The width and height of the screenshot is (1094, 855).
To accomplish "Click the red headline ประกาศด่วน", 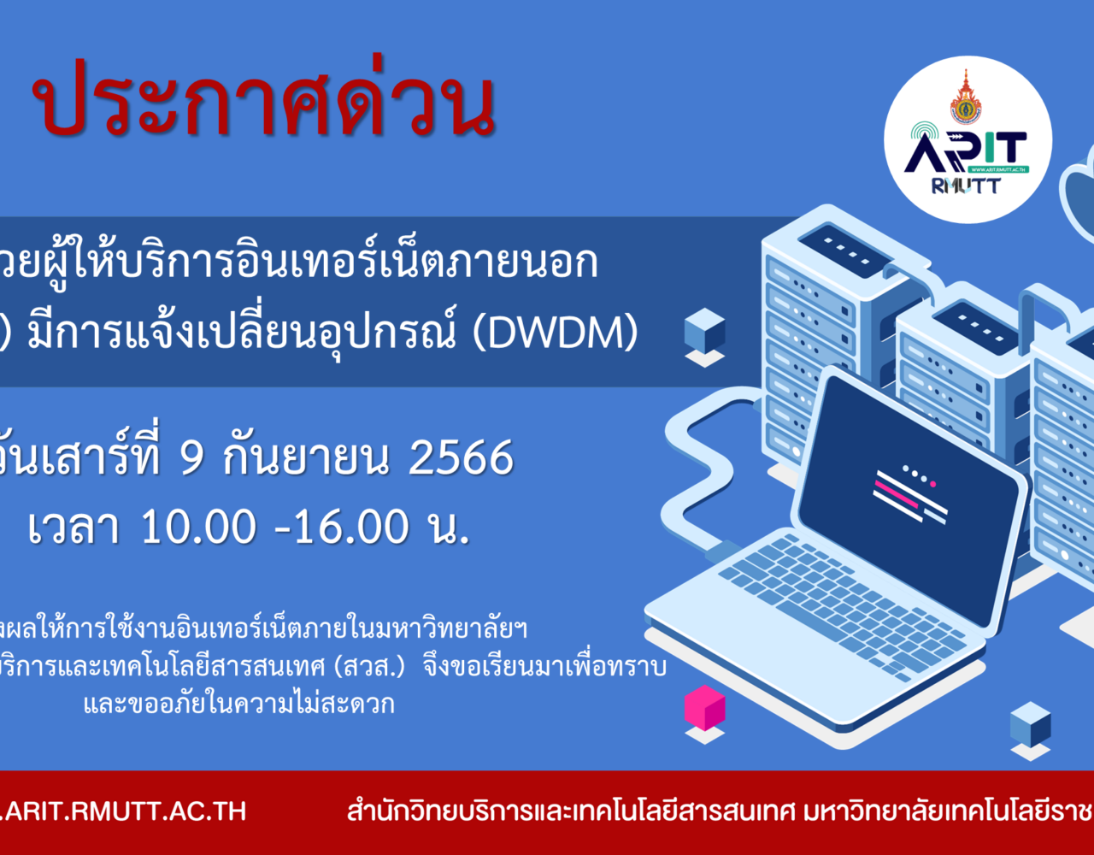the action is [264, 98].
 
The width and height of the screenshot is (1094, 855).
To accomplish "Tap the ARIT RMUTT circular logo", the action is [968, 139].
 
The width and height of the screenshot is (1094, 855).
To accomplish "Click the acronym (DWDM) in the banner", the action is [556, 333].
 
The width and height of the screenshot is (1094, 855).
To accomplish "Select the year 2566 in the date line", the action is [461, 457].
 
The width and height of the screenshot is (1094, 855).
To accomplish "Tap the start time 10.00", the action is [198, 527].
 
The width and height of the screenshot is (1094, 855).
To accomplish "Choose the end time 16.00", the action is [351, 527].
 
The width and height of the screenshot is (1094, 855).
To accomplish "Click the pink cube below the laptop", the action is [704, 707].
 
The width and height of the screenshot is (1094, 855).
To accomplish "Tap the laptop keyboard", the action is [842, 606].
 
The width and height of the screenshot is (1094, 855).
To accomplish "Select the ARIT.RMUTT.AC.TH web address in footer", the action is [123, 811].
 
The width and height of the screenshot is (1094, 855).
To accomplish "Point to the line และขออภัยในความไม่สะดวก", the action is [239, 704].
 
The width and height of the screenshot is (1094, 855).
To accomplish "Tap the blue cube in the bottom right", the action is [1031, 724].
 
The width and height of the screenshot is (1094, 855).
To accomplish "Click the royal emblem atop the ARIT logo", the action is [965, 97].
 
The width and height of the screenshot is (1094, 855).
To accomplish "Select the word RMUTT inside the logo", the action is [965, 186].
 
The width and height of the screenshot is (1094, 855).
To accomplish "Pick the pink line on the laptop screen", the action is [897, 494].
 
